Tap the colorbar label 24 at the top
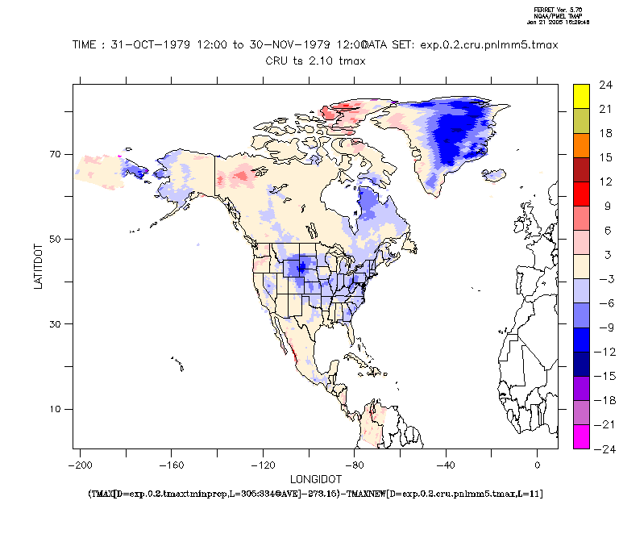[604, 84]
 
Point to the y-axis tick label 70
[56, 154]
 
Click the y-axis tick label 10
[56, 409]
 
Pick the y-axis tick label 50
[56, 239]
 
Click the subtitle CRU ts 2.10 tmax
[316, 60]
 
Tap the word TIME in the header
[87, 45]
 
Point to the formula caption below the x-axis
[316, 492]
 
